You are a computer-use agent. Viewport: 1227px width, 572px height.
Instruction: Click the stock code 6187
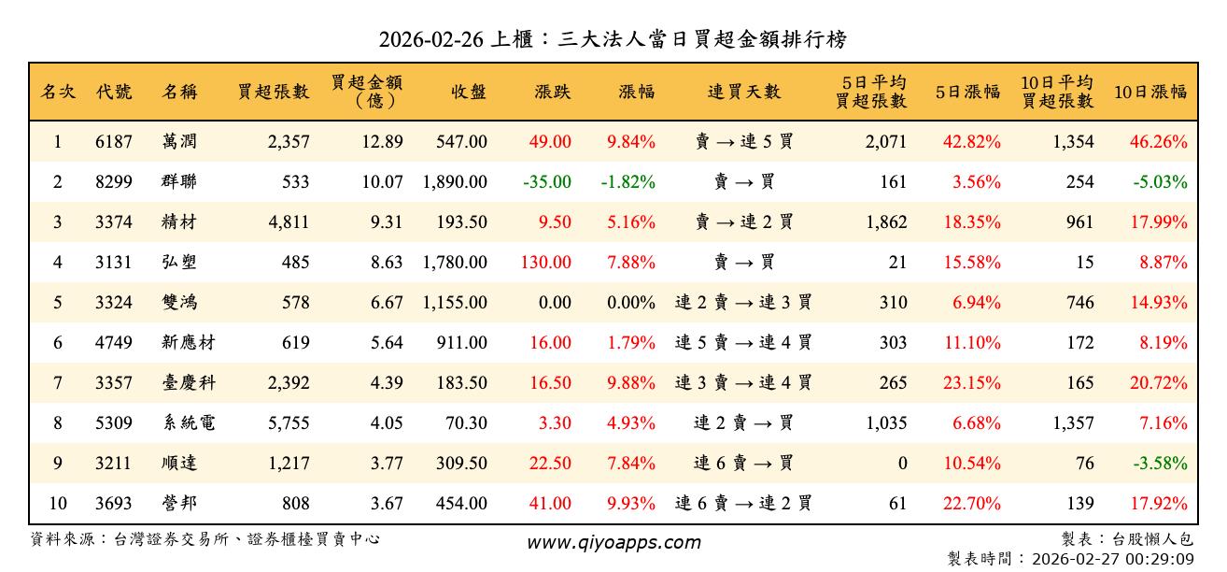[114, 142]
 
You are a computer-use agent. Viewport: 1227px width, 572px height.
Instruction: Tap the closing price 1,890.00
[455, 182]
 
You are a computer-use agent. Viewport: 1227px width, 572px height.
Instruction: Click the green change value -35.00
[546, 182]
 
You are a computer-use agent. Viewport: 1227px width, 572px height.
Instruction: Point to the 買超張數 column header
[274, 92]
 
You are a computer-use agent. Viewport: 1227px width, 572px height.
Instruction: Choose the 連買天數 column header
[743, 92]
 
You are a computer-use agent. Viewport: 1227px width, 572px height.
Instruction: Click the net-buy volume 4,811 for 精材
[288, 222]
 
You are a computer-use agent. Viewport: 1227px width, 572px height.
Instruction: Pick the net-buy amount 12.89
[383, 142]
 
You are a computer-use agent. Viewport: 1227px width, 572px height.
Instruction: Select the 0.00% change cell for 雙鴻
[630, 303]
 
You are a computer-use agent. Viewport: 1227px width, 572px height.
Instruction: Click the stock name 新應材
[188, 343]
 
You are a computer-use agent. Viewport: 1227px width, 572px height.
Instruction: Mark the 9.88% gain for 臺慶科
[630, 383]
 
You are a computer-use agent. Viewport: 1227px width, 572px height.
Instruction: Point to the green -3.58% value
[1161, 464]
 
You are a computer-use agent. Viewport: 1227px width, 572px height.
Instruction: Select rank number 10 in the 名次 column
[58, 504]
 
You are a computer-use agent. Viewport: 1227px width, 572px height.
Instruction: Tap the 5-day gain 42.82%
[976, 142]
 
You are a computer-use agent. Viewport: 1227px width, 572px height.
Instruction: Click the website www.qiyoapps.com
[613, 542]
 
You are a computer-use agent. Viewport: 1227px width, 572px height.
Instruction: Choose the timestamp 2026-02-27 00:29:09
[1112, 559]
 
